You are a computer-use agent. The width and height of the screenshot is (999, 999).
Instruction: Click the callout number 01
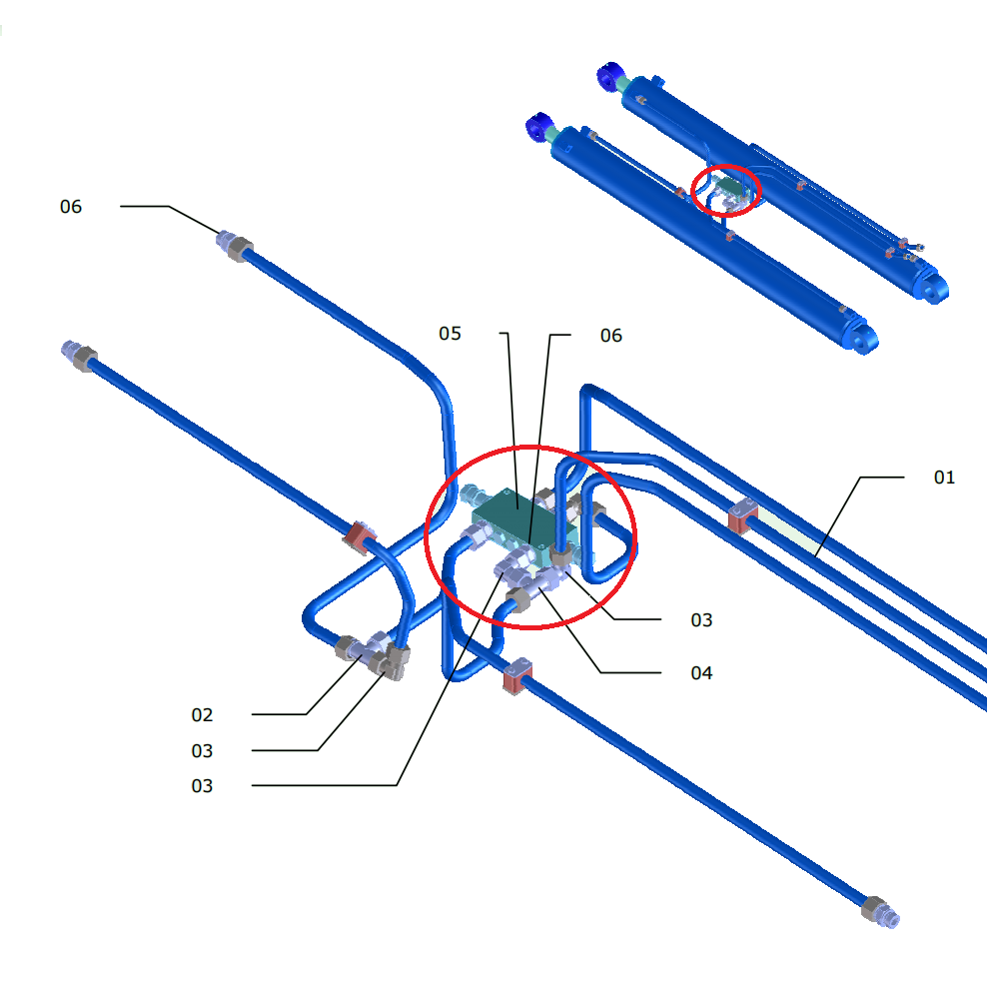[944, 478]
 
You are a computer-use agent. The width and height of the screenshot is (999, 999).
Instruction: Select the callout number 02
[202, 715]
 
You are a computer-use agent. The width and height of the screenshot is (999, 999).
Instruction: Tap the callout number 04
[701, 673]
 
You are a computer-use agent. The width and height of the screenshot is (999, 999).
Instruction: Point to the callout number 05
[450, 334]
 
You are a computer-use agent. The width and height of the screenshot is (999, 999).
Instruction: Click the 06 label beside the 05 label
[610, 336]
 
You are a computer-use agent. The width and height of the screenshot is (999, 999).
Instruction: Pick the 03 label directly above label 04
[701, 620]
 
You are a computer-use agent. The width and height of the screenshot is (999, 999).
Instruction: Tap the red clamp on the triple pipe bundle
[740, 517]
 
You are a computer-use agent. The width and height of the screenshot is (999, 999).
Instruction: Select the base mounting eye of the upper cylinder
[934, 289]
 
